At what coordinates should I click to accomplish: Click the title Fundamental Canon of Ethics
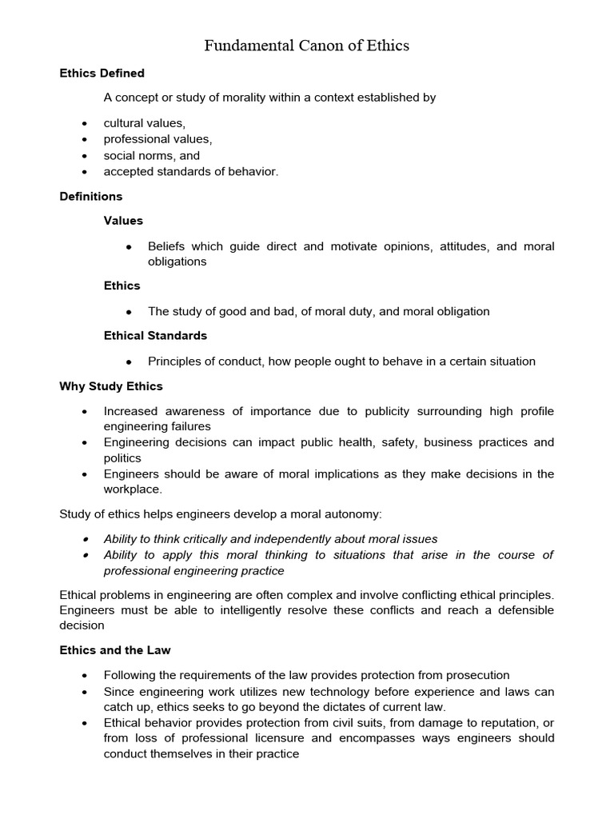306,46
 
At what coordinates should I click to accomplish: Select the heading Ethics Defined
102,74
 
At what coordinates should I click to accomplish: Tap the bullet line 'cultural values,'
144,123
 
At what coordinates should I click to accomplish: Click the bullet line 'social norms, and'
151,155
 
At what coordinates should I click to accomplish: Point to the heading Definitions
91,196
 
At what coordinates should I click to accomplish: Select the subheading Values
123,221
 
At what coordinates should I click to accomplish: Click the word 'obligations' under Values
177,262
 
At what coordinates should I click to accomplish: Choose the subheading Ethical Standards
155,335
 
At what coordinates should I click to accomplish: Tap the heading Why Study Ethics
111,386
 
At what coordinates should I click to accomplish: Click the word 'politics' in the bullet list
122,458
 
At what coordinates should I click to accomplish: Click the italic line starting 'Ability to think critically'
270,539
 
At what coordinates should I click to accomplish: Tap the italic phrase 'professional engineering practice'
193,571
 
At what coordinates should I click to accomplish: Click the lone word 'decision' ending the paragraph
82,625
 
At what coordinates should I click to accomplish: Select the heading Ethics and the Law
115,650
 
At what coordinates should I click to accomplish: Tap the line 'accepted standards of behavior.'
191,171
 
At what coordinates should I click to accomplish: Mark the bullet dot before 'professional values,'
85,140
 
